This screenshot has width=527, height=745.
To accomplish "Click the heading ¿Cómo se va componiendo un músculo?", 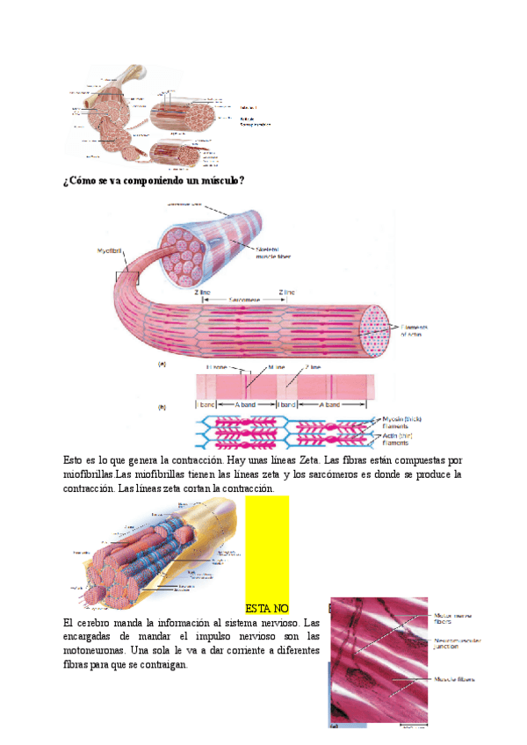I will click(x=154, y=180).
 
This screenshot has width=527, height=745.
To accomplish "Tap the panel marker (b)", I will click(x=162, y=408).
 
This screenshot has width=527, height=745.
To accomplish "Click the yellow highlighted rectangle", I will click(x=267, y=545).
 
